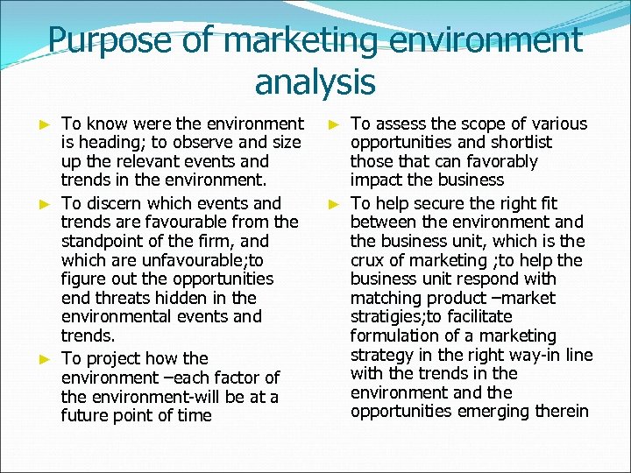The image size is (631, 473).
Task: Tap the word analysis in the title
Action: [315, 82]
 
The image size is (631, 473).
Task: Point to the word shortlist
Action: [516, 142]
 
